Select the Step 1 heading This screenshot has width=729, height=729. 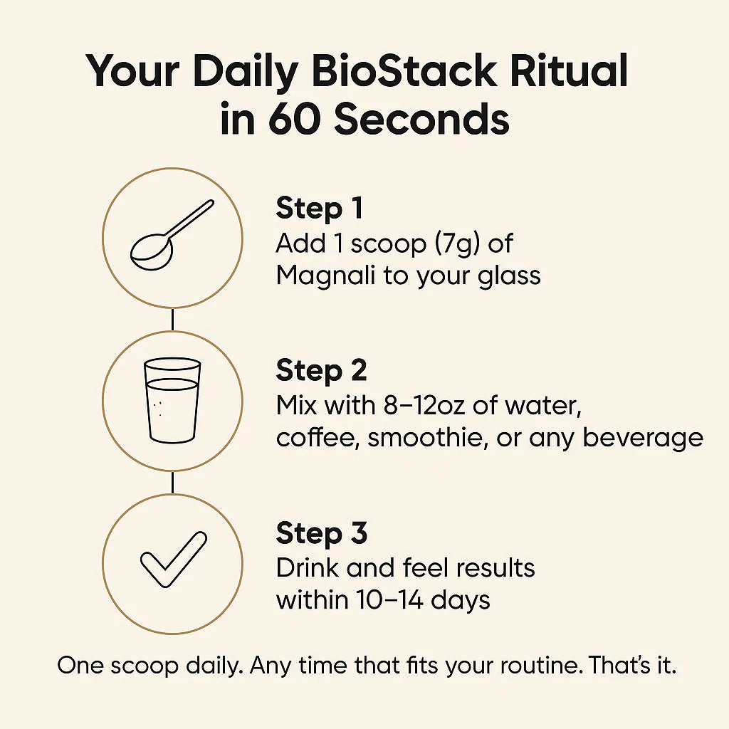(320, 209)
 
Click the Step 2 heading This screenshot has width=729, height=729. (322, 371)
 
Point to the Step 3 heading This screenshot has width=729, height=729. (322, 533)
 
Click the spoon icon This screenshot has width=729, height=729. (172, 236)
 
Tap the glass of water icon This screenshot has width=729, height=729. (172, 399)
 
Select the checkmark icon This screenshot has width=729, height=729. (172, 561)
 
